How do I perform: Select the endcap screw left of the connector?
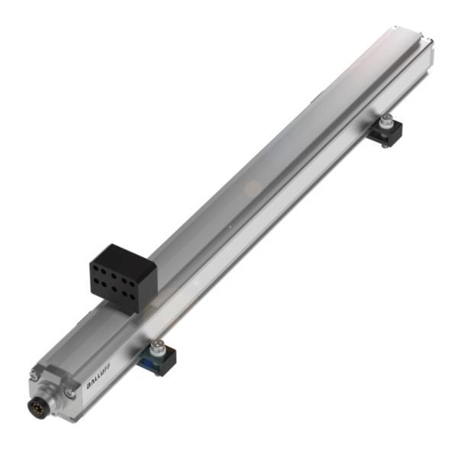pyautogui.click(x=34, y=374)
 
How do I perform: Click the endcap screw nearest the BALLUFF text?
pyautogui.click(x=69, y=392)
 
